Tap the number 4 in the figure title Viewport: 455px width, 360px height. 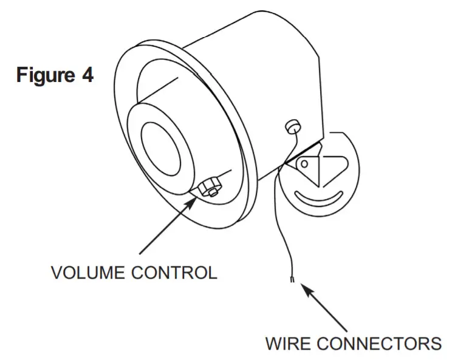coord(87,75)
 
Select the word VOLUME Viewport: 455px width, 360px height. coord(88,273)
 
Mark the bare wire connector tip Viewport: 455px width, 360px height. coord(293,279)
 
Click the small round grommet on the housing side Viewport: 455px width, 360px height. coord(293,127)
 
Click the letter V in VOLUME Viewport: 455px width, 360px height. coord(55,273)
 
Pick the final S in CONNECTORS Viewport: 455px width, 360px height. coord(436,343)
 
